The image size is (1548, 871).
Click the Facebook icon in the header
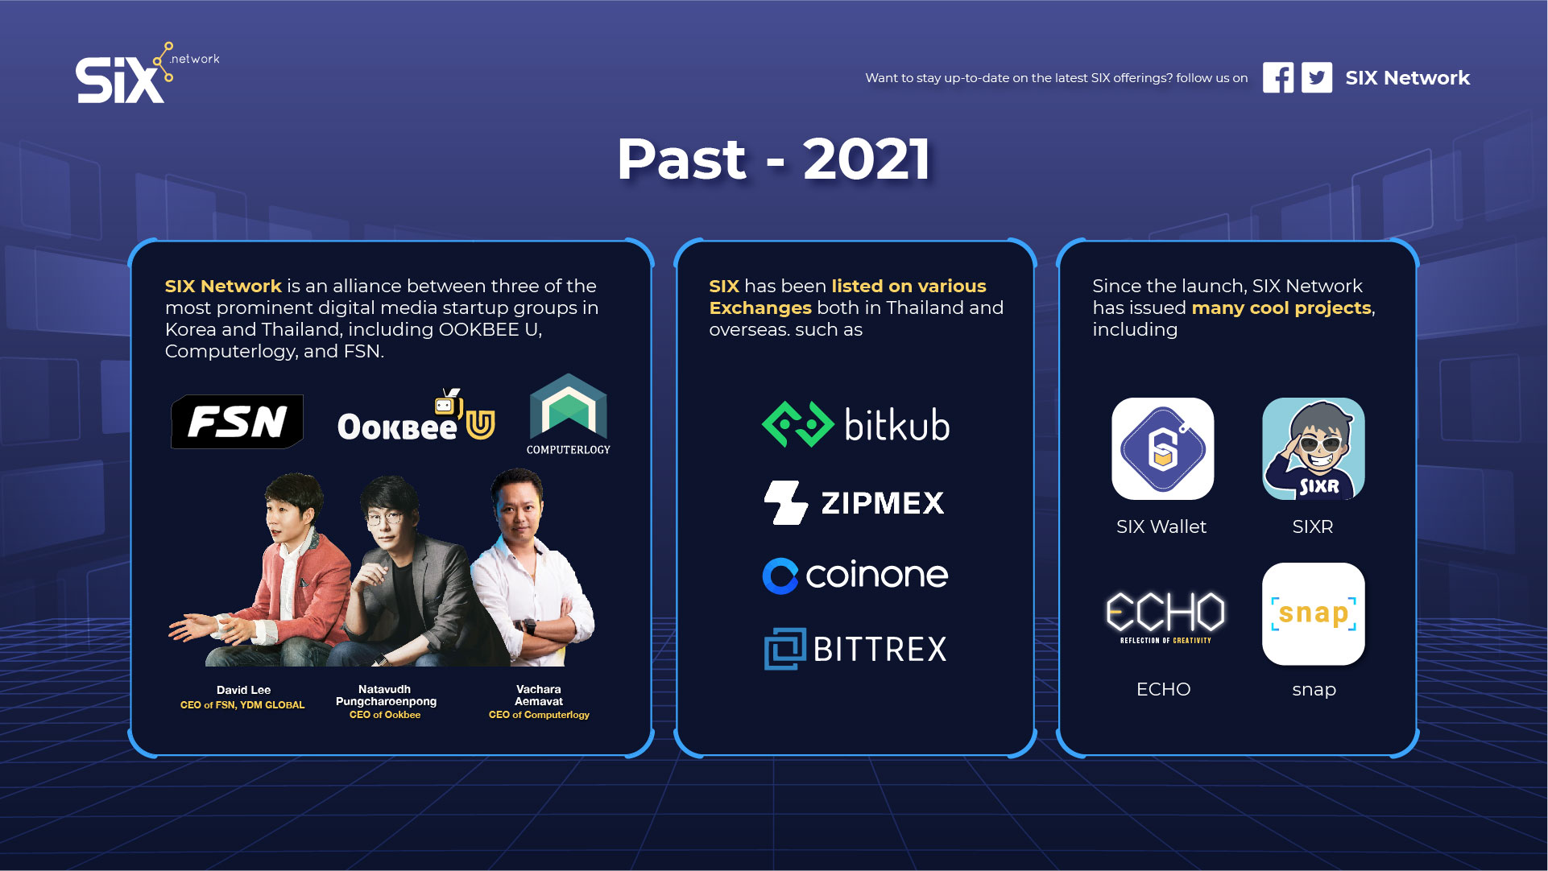click(1278, 78)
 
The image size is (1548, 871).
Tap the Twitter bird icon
click(1317, 78)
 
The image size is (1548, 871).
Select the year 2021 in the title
click(867, 159)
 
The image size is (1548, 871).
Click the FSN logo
click(238, 421)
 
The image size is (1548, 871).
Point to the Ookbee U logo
click(416, 416)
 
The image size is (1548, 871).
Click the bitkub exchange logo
click(855, 424)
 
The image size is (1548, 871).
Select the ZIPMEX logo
click(854, 502)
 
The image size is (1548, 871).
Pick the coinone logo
click(855, 575)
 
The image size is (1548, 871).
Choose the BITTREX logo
click(855, 649)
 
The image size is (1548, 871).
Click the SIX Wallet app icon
click(1162, 448)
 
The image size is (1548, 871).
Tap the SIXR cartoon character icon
click(1313, 448)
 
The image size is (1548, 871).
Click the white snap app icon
click(1313, 613)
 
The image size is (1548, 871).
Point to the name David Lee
click(243, 690)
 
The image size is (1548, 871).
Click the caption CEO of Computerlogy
click(539, 715)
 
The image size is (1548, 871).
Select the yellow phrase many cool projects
click(1281, 308)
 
